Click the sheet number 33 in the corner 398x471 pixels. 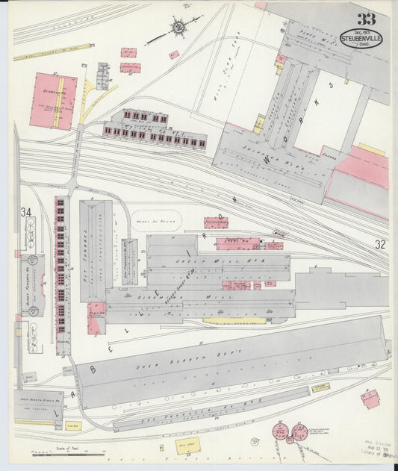(x=366, y=19)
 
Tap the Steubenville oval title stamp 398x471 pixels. (x=362, y=38)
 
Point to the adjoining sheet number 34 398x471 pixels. (x=27, y=213)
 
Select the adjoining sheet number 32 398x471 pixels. (x=381, y=244)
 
